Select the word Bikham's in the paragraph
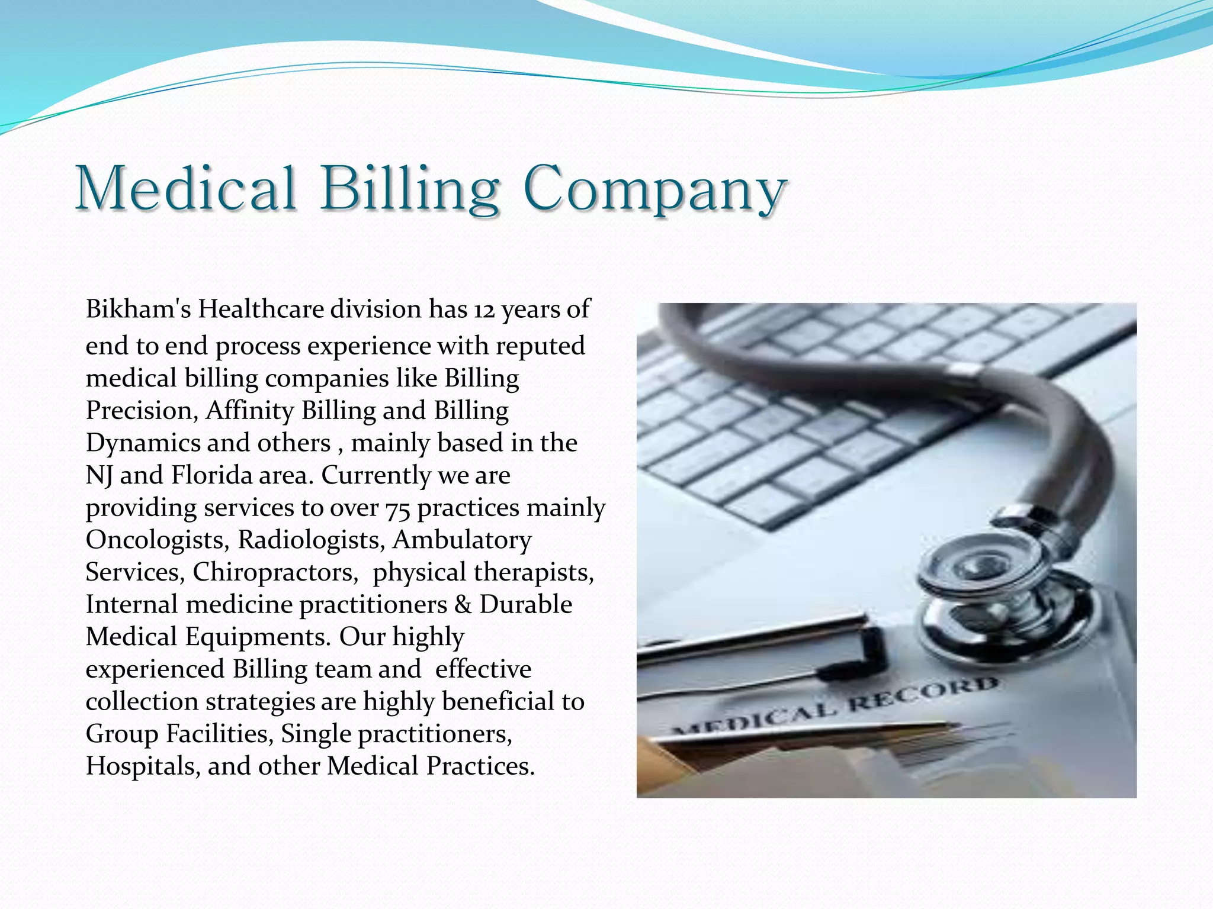point(138,309)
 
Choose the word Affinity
point(249,411)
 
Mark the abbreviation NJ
point(99,476)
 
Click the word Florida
point(211,475)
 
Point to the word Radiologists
point(312,540)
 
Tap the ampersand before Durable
point(463,605)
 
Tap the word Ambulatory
point(462,540)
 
